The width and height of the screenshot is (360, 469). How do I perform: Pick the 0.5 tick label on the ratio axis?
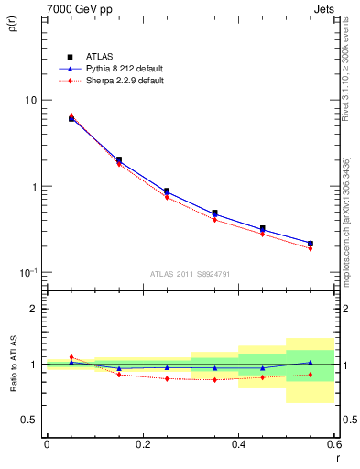[28, 420]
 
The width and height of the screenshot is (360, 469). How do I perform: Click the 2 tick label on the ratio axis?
[33, 309]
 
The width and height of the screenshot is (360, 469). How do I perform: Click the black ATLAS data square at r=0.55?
[311, 244]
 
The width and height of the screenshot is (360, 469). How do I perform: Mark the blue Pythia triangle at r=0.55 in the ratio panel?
[311, 363]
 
